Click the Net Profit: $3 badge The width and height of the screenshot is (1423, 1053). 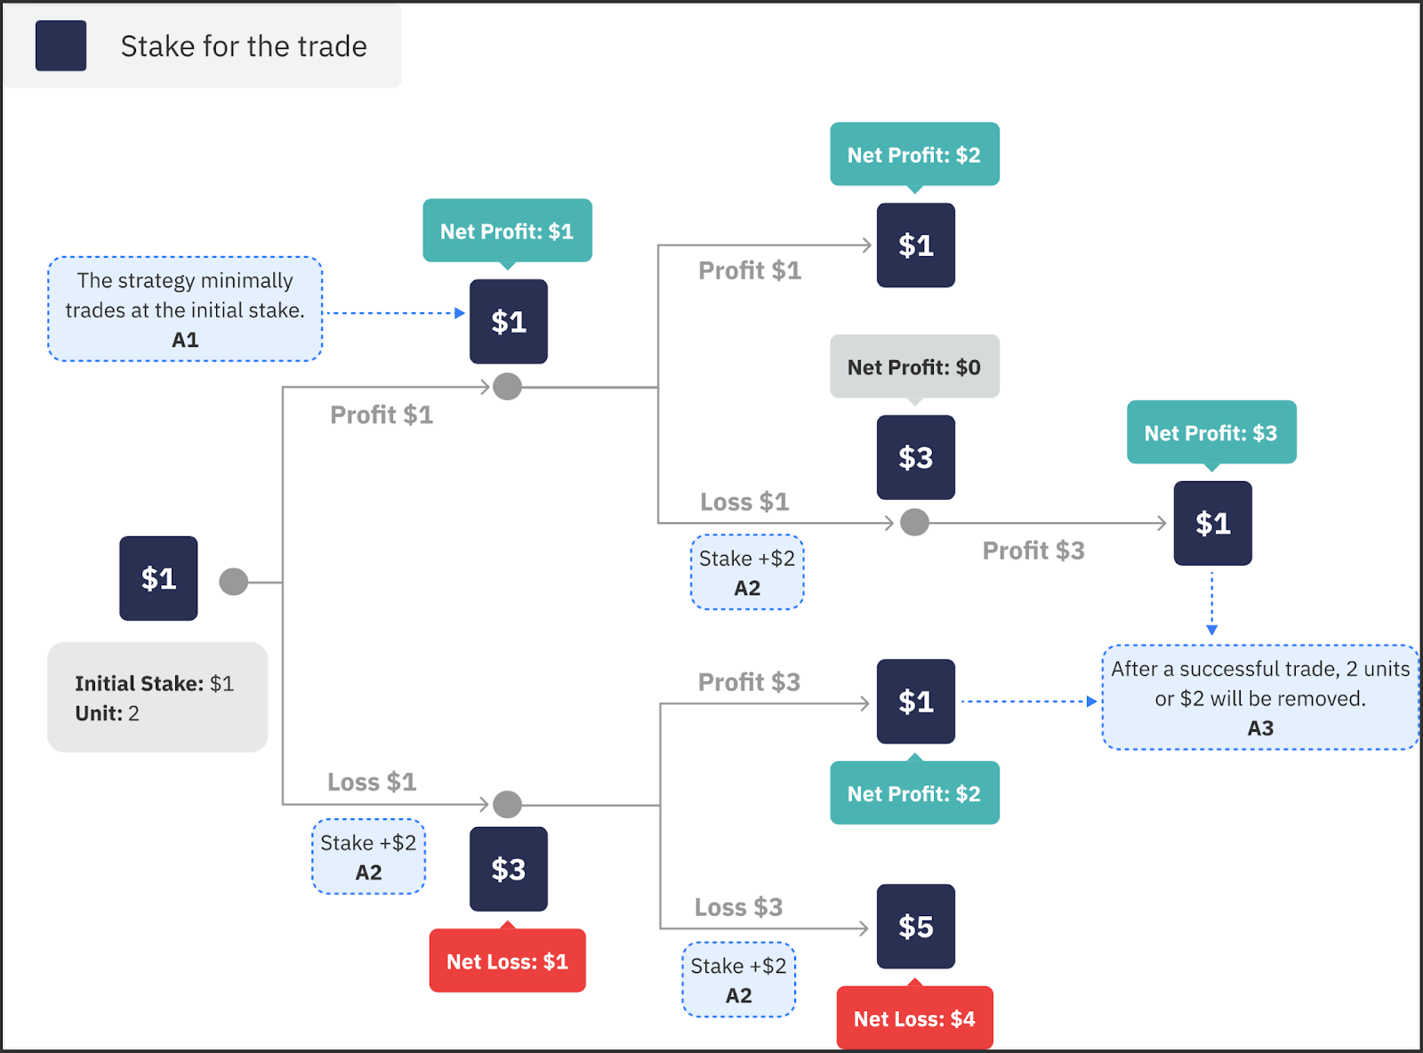pyautogui.click(x=1210, y=432)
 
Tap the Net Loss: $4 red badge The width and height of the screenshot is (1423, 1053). pyautogui.click(x=914, y=1018)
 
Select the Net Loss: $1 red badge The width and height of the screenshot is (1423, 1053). pyautogui.click(x=507, y=961)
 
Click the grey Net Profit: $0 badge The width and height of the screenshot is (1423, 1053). pyautogui.click(x=914, y=366)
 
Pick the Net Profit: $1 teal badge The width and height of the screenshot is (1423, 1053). pyautogui.click(x=507, y=231)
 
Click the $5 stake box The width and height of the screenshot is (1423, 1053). pyautogui.click(x=915, y=926)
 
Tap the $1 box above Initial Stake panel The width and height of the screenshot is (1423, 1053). pyautogui.click(x=158, y=578)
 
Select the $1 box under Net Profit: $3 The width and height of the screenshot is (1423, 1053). pyautogui.click(x=1212, y=523)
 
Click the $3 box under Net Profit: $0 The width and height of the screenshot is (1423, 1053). pyautogui.click(x=915, y=457)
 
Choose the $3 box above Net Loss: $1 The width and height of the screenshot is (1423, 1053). pyautogui.click(x=508, y=869)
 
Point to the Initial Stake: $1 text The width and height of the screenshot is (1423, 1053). pyautogui.click(x=154, y=683)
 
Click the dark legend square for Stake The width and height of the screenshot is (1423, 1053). pyautogui.click(x=60, y=45)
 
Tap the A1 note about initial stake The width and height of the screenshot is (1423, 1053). pyautogui.click(x=185, y=309)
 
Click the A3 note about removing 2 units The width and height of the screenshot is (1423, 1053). pyautogui.click(x=1259, y=697)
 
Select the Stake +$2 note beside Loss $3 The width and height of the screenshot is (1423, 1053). pyautogui.click(x=738, y=979)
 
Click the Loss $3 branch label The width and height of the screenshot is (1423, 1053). pyautogui.click(x=738, y=907)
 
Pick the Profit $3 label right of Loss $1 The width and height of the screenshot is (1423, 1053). pyautogui.click(x=1033, y=551)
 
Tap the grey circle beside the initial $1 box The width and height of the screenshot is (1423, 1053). pyautogui.click(x=233, y=582)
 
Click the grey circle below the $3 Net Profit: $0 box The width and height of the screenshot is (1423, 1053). pyautogui.click(x=914, y=522)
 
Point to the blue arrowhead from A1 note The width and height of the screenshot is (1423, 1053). pyautogui.click(x=460, y=313)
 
